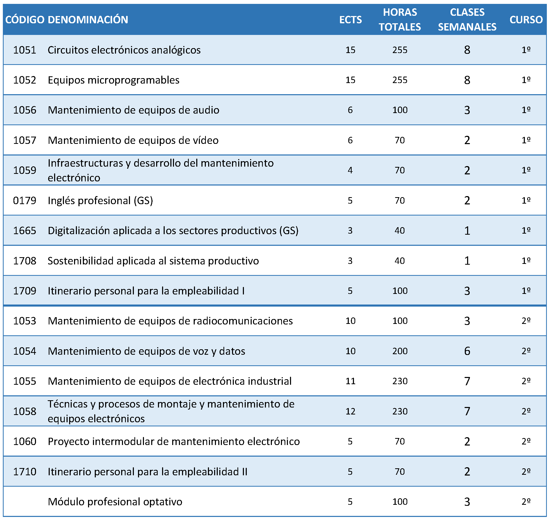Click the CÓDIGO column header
(25, 20)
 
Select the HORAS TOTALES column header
(400, 20)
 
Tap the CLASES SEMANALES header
(467, 20)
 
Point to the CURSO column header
(526, 20)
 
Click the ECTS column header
(350, 20)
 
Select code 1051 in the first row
(25, 50)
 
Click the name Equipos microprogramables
(114, 80)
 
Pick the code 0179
(25, 200)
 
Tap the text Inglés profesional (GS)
(100, 201)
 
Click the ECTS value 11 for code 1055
(350, 381)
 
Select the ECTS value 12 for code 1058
(350, 411)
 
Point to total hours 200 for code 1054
(400, 351)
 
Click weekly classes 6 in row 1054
(467, 351)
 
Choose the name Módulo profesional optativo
(115, 502)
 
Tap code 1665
(25, 231)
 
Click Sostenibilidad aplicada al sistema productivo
(153, 261)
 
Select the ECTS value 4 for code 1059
(350, 170)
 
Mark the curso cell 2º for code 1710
(526, 471)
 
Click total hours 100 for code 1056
(400, 110)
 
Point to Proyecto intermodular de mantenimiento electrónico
(174, 441)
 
